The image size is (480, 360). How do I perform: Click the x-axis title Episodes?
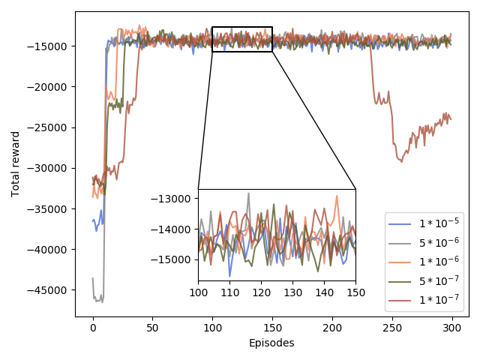(271, 343)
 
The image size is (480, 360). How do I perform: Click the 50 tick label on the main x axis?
(152, 328)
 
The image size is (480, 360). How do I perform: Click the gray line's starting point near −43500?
(93, 278)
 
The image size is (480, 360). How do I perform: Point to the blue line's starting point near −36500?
(93, 220)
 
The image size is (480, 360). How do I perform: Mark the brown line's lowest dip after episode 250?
(401, 161)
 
